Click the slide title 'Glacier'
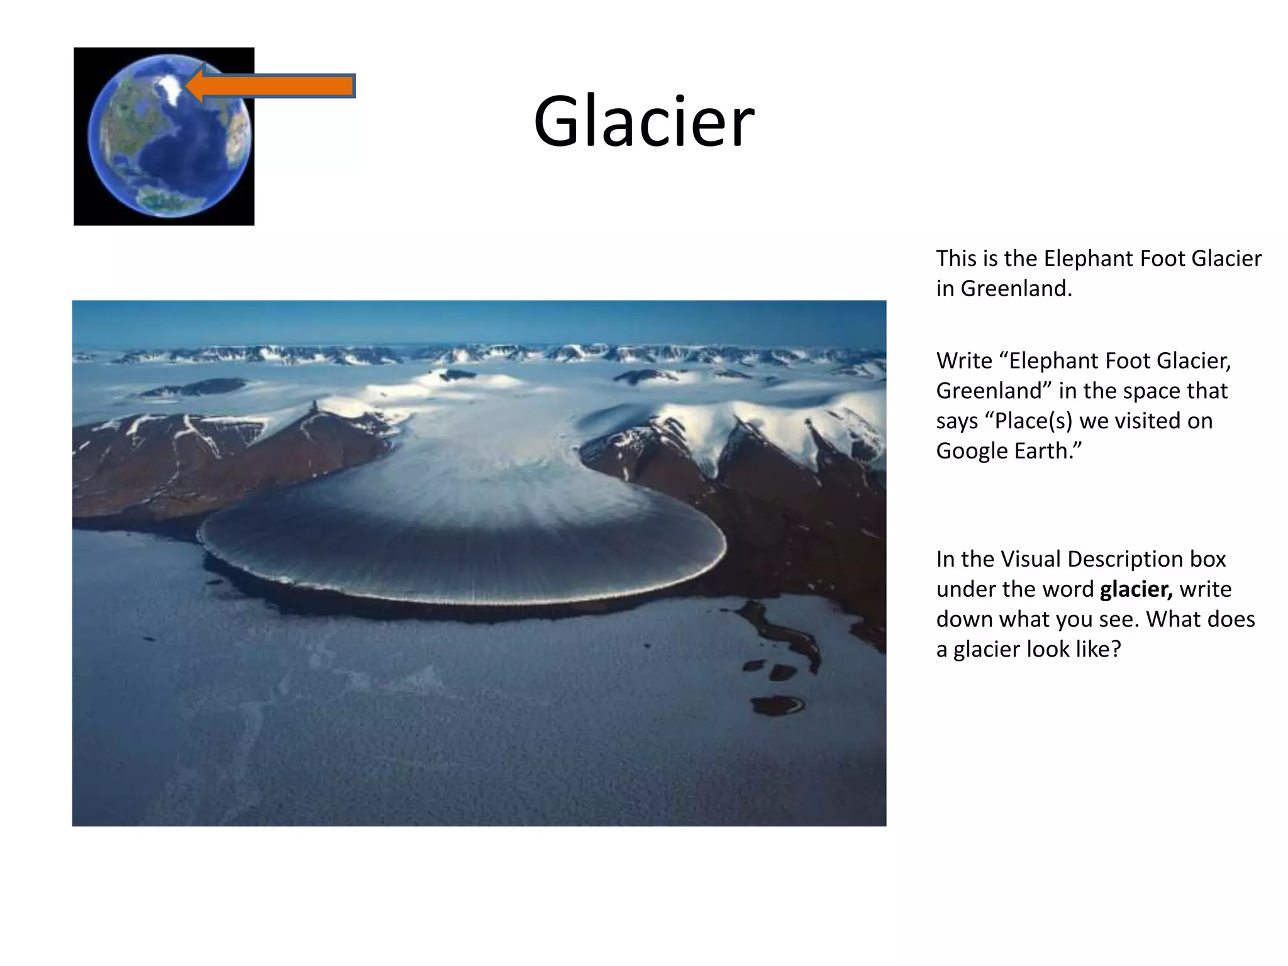pos(643,121)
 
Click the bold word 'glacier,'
pos(1136,589)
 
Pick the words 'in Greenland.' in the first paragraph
pos(1004,289)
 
